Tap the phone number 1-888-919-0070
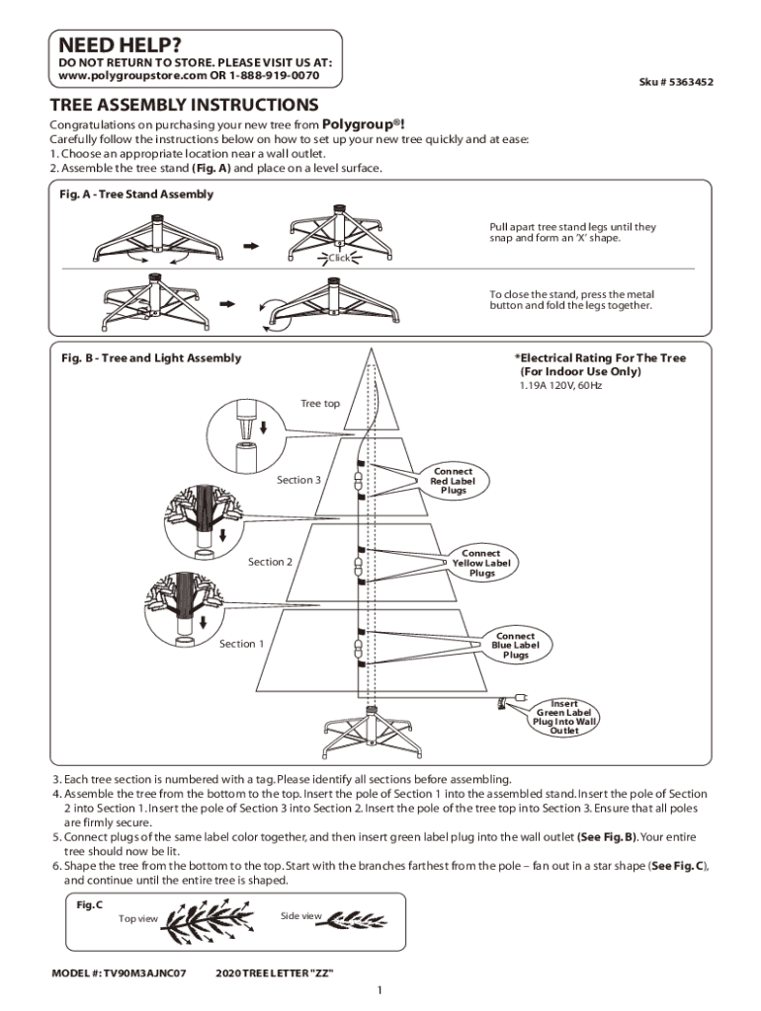(275, 75)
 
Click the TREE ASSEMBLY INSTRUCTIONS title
(184, 105)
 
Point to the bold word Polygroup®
(361, 124)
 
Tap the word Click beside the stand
(339, 258)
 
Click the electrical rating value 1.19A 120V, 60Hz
(560, 385)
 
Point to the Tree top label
(319, 403)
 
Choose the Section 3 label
(298, 480)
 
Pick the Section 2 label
(270, 562)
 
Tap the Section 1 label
(241, 644)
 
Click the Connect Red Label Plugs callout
(453, 481)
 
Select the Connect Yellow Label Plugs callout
(481, 563)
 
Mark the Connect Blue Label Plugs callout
(515, 646)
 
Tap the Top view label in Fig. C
(138, 918)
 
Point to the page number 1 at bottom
(380, 991)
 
